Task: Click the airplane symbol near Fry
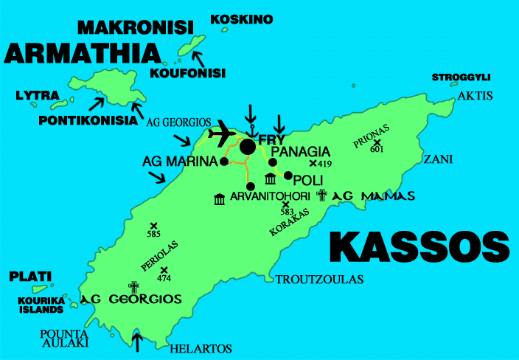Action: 222,134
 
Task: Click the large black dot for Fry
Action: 248,147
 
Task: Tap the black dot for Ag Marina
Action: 223,160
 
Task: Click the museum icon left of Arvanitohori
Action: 219,199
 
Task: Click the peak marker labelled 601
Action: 377,142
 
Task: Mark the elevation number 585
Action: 153,235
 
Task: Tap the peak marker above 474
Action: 164,270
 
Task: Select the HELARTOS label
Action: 201,348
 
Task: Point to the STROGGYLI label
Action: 461,77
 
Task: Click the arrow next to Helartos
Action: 136,341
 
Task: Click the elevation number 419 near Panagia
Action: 326,164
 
